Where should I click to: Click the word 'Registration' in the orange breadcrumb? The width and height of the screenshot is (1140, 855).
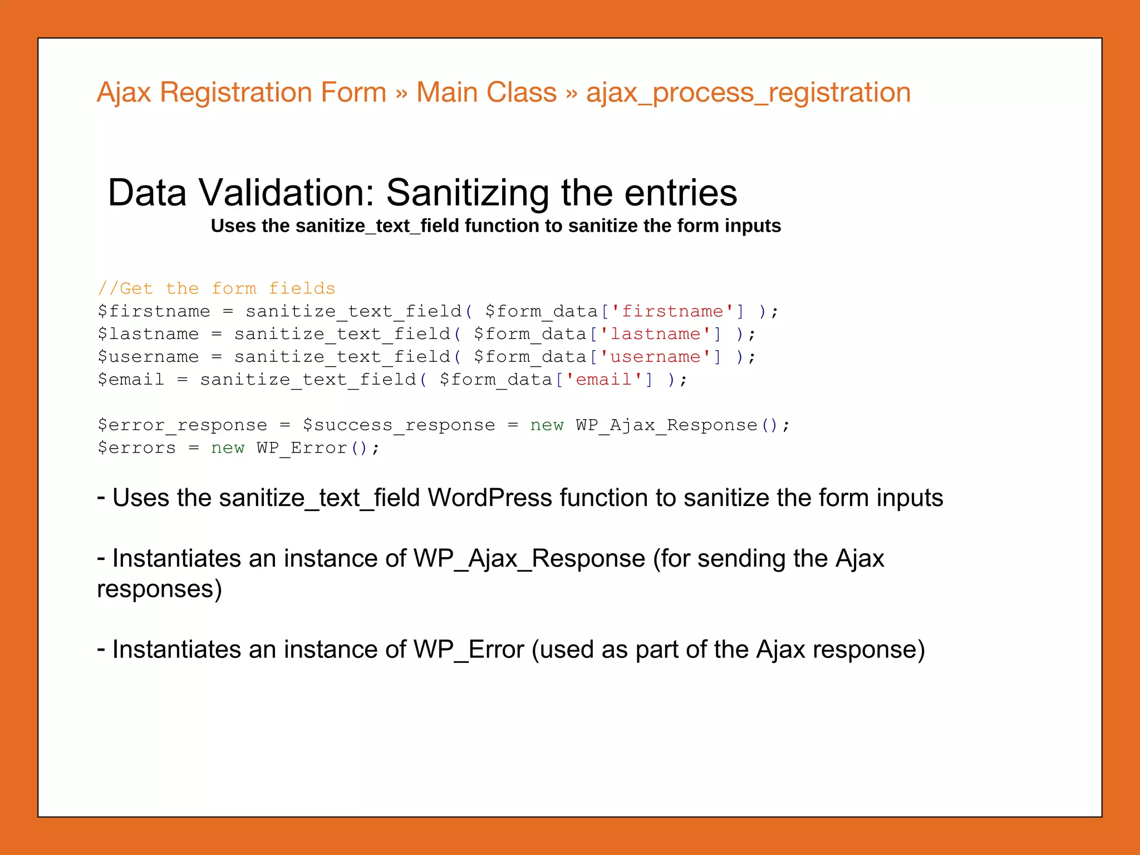pos(273,93)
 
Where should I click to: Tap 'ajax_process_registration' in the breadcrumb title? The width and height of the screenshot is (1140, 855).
pos(748,93)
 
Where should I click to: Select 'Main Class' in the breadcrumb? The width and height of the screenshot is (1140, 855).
pos(486,93)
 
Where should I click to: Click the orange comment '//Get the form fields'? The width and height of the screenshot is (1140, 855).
pos(217,288)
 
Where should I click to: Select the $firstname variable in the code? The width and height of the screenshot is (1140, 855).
pos(154,311)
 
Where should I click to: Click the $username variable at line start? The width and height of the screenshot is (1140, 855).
pos(148,357)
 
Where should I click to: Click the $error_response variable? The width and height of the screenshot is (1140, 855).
pos(183,425)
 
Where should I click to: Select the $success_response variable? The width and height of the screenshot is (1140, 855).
pos(399,425)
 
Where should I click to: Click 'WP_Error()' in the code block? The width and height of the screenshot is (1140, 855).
pos(311,448)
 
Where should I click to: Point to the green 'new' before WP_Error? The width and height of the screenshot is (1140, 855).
pos(228,448)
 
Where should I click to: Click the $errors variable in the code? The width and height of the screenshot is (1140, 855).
pos(137,448)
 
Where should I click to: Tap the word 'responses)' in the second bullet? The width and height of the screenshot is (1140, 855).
pos(159,589)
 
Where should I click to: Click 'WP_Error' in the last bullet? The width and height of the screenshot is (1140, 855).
pos(469,650)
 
